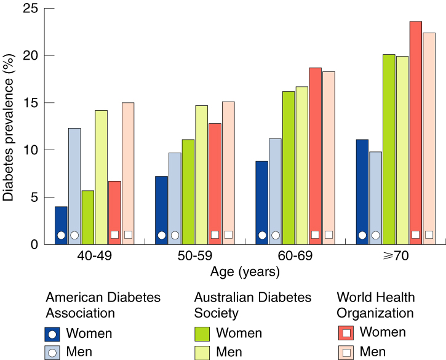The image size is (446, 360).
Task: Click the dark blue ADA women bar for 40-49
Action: pos(61,225)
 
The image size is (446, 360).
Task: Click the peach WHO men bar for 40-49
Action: pos(128,173)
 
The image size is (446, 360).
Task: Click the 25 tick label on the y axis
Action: pos(30,9)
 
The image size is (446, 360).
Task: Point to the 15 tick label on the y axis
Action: pos(30,103)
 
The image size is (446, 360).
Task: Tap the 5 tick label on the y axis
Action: pos(33,198)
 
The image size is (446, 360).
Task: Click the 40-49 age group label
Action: pos(94,256)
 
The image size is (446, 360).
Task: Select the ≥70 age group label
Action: pos(396,256)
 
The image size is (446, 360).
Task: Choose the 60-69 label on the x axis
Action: pos(295,256)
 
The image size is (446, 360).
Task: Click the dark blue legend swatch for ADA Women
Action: pos(54,334)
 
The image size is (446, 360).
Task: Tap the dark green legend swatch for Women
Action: pos(202,334)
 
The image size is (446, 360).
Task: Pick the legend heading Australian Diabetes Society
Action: pos(252,305)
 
